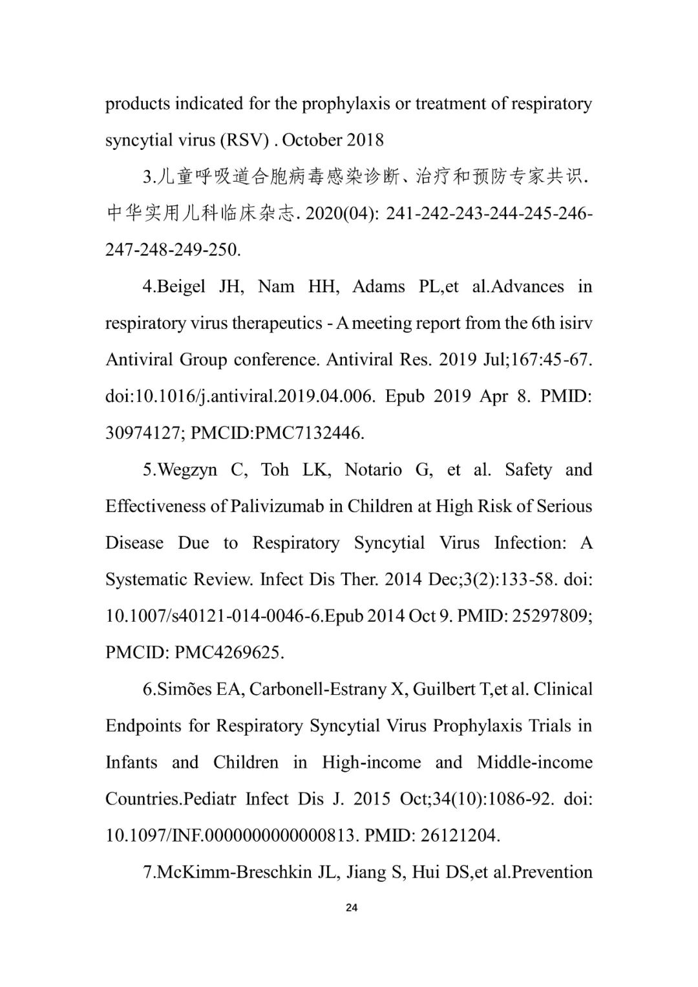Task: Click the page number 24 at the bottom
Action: click(351, 907)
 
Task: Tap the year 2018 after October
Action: click(365, 140)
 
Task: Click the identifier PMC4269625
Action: click(229, 653)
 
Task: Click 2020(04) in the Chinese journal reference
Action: click(341, 213)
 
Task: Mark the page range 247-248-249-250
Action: click(173, 249)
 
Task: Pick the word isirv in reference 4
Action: click(575, 323)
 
